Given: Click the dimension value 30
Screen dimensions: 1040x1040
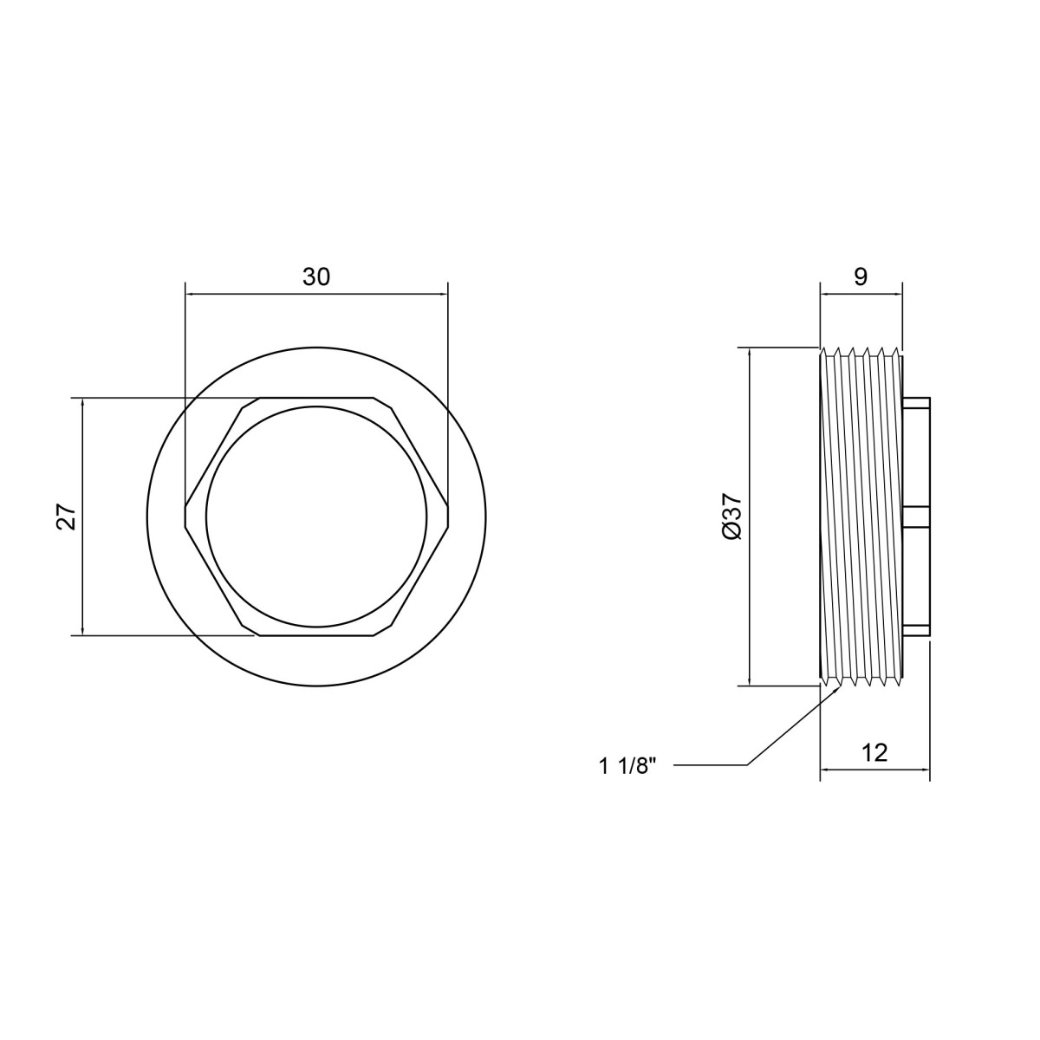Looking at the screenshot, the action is [315, 276].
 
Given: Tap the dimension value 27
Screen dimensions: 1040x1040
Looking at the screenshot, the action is [68, 517].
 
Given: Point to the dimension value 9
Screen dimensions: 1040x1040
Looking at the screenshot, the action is [861, 276].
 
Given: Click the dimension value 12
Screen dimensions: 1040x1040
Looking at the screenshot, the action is [874, 753].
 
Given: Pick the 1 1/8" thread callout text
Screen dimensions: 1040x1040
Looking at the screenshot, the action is [627, 766].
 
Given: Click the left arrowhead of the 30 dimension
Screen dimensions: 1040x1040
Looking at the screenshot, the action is [189, 294].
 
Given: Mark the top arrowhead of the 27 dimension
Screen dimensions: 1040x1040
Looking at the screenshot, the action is [82, 403].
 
